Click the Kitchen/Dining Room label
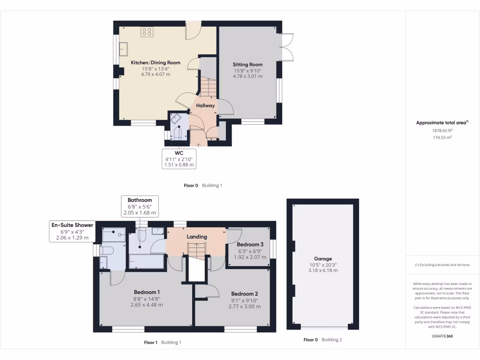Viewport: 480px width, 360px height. coord(155,62)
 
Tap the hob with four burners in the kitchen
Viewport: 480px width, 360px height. coord(147,32)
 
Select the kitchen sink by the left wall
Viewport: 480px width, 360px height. coord(124,49)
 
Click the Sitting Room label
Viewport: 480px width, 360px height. coord(248,65)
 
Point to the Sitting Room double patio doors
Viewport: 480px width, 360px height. coord(287,47)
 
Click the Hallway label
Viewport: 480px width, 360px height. coord(205,105)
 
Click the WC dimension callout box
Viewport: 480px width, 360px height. coord(179,159)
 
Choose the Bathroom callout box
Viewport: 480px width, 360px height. coord(140,206)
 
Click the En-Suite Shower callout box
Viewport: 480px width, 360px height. coord(72,232)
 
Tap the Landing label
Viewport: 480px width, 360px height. coord(197,237)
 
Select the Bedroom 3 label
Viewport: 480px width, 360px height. coord(250,245)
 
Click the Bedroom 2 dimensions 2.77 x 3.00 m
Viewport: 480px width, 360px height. coord(244,307)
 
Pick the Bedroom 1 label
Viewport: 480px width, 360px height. coord(147,292)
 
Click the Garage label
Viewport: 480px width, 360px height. coord(323,258)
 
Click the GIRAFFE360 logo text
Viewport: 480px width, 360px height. coord(442,336)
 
